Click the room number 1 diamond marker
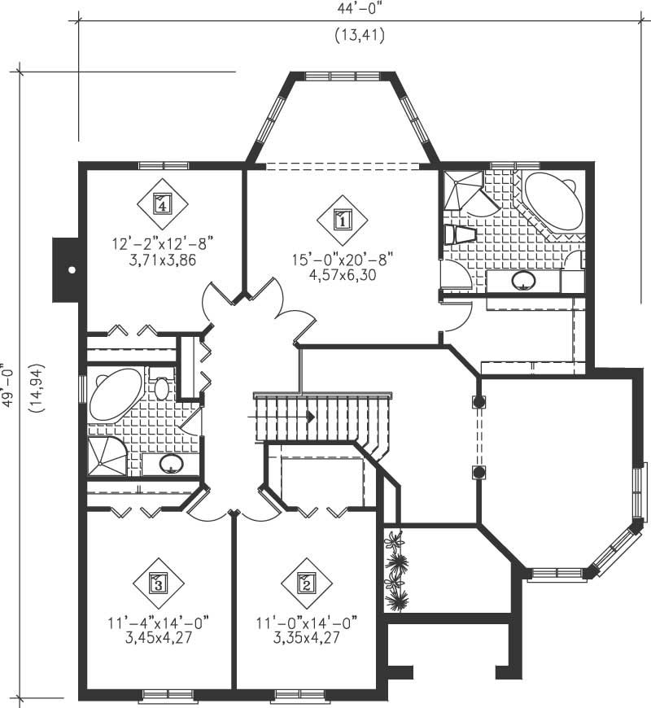click(342, 218)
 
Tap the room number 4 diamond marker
click(162, 201)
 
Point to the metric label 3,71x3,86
click(161, 260)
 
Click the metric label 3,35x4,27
click(307, 637)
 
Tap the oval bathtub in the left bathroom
click(116, 394)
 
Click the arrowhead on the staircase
click(311, 416)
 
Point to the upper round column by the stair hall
click(478, 401)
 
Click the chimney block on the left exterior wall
click(64, 269)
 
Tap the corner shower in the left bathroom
click(106, 456)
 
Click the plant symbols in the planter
click(396, 570)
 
